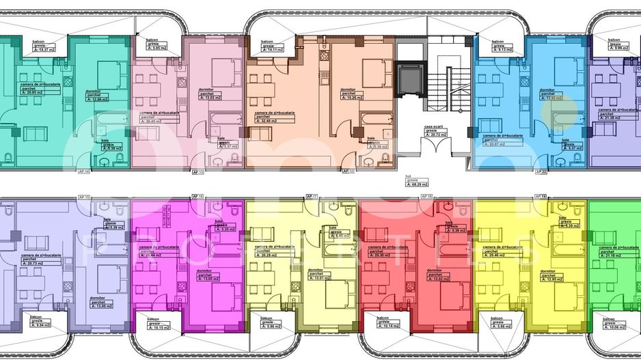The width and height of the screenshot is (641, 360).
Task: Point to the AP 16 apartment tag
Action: tap(199, 197)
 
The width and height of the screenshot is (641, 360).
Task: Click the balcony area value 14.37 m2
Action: tap(46, 50)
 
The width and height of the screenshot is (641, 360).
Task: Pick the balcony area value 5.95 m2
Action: tap(157, 49)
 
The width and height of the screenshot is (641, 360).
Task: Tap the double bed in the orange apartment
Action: tap(373, 71)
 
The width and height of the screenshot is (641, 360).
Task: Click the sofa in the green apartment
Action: tap(603, 238)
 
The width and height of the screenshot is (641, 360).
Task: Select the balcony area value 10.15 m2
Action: tap(159, 327)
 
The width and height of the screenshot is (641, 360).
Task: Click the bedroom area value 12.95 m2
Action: tap(554, 278)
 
